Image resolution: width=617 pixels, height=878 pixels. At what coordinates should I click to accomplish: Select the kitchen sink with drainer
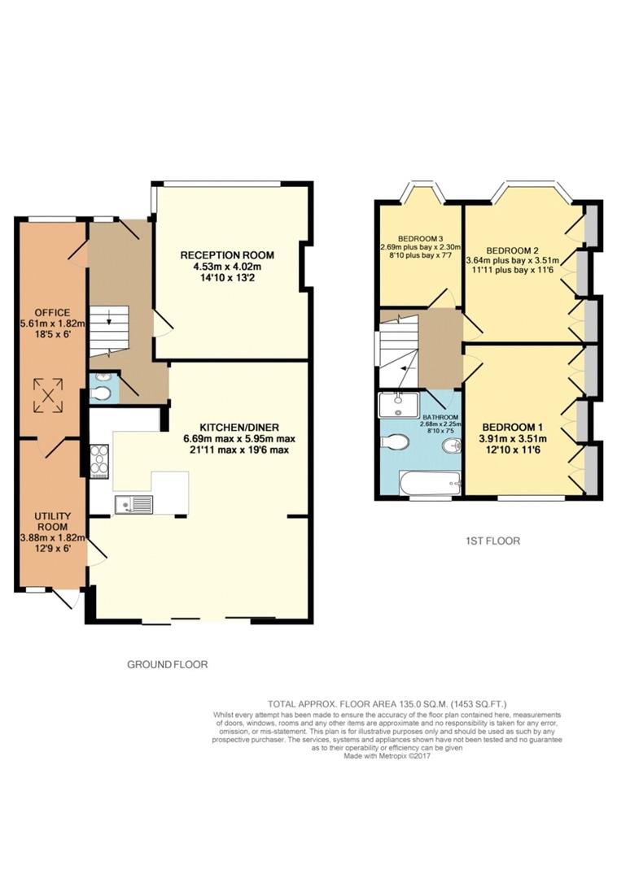point(134,505)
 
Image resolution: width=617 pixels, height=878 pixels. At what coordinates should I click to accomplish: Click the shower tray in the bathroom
point(398,405)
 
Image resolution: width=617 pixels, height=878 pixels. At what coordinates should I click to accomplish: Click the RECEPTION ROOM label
point(227,255)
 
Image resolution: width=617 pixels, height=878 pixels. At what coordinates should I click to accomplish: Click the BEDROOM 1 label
point(514,428)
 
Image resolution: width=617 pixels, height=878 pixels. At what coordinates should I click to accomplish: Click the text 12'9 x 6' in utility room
point(52,548)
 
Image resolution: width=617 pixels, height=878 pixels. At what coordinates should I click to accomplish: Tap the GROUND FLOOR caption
point(168,664)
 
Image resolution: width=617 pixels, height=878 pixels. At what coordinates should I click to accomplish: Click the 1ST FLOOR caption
point(493,540)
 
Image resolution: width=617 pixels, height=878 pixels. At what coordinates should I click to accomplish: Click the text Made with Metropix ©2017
point(387,755)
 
